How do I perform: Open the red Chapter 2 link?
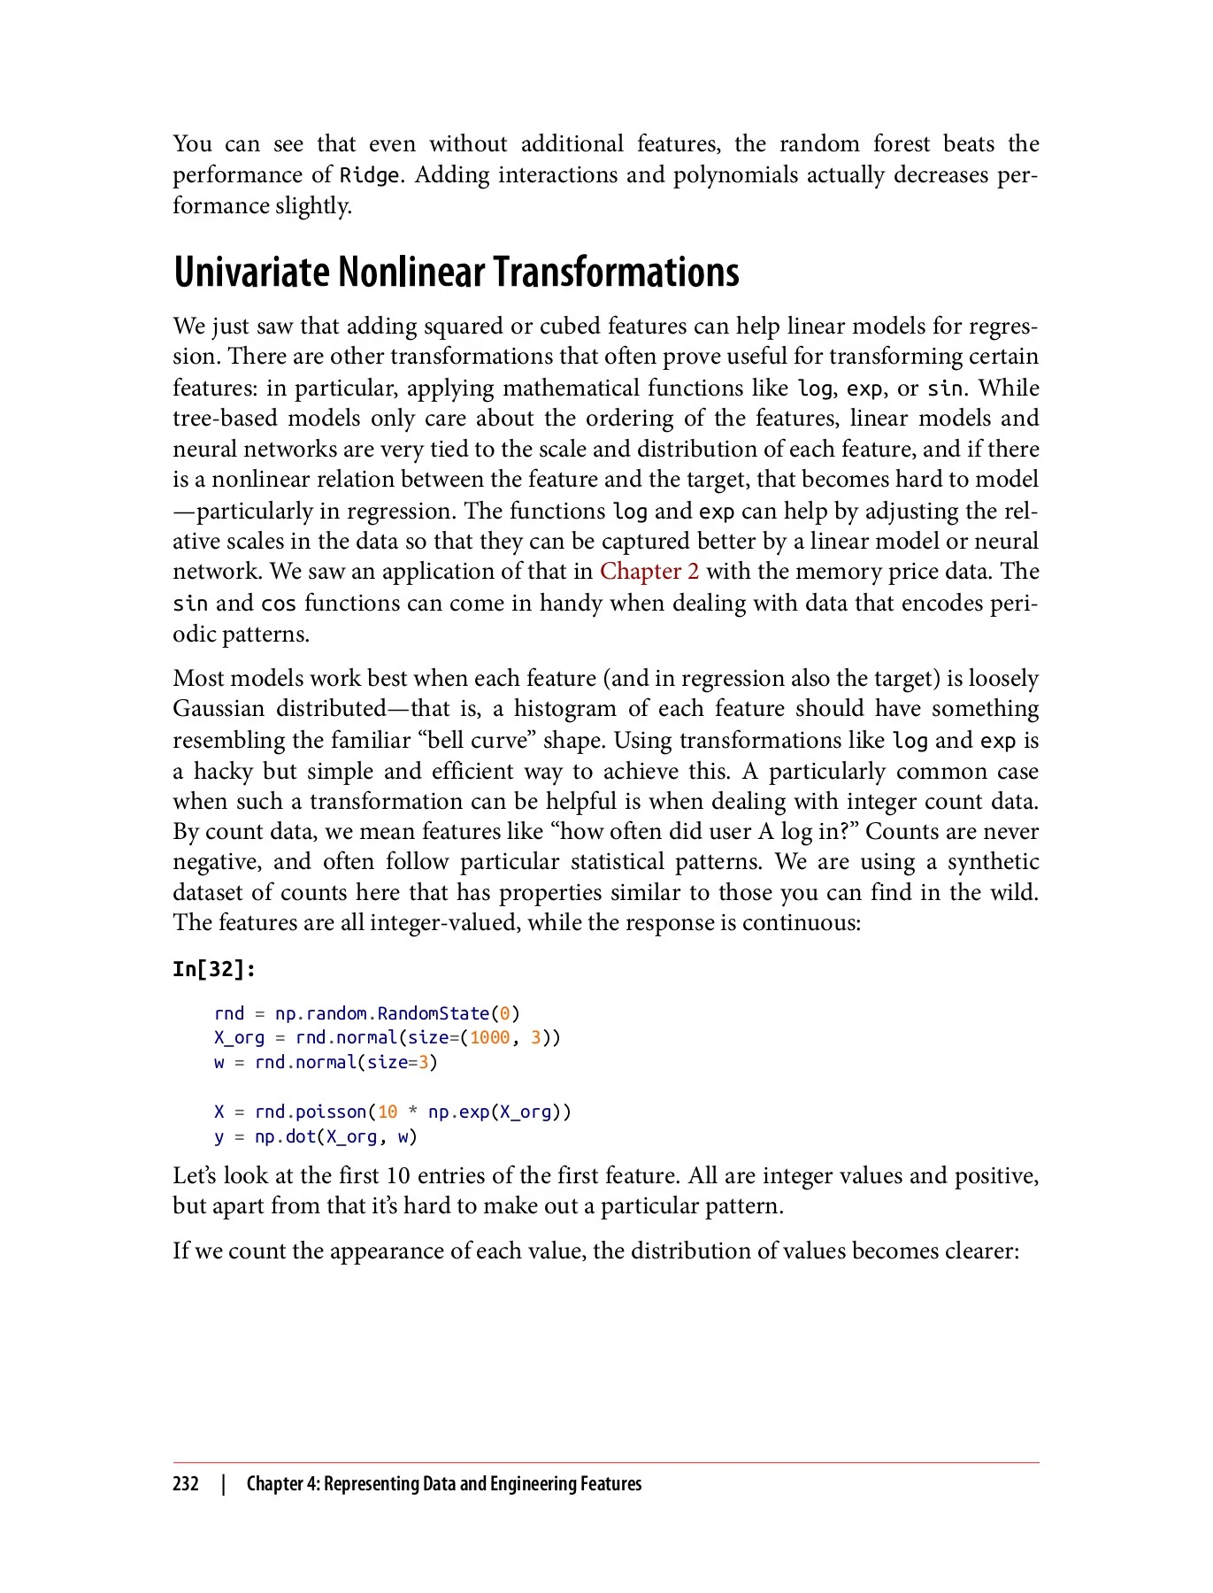pos(649,572)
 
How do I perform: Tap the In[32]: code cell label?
pos(214,969)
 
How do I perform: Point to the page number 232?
pos(186,1484)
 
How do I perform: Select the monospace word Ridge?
pos(369,175)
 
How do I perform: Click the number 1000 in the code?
pos(489,1037)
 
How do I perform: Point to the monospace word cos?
pos(279,604)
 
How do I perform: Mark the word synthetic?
pos(993,862)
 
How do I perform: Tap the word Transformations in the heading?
pos(616,272)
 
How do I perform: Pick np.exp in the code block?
pos(458,1112)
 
